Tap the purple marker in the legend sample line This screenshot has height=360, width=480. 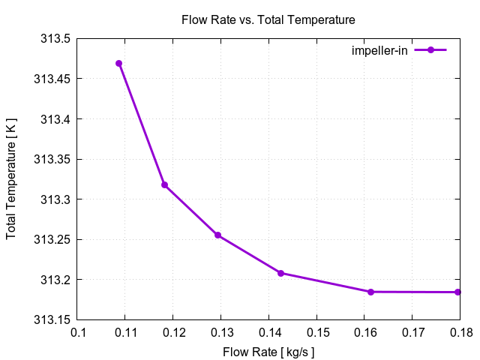click(430, 50)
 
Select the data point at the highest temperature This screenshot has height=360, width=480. click(119, 63)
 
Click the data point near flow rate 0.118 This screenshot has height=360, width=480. click(164, 184)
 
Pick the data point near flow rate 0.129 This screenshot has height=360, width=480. click(217, 235)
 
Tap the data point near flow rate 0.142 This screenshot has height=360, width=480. click(280, 273)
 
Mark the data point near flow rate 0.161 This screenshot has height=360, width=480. click(370, 292)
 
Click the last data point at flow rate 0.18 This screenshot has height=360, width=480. click(457, 292)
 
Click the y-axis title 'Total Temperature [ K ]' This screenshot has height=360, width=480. click(11, 179)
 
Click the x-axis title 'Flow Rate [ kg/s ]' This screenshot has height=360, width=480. click(268, 351)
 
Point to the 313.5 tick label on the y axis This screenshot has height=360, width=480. click(55, 39)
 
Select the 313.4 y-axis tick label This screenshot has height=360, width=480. click(55, 119)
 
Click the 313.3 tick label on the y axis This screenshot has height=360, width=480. click(55, 199)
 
